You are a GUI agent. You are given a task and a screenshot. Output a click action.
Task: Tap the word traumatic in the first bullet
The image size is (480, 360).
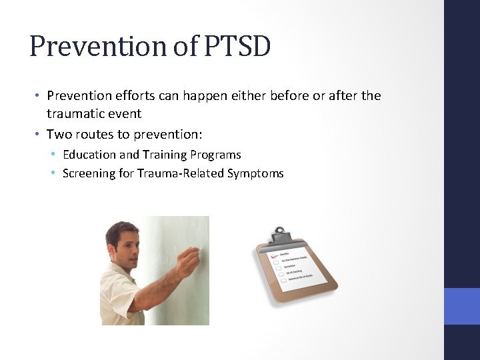[x=74, y=113]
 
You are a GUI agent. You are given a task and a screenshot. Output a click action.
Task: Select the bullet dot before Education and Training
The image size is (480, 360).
[x=54, y=155]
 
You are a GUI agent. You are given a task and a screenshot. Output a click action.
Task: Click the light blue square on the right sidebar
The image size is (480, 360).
[x=461, y=306]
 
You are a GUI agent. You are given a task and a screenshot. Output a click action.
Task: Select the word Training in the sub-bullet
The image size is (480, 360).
[x=162, y=155]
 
